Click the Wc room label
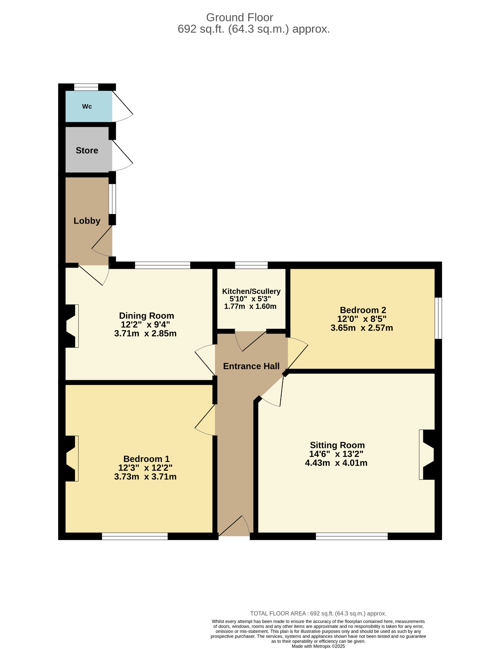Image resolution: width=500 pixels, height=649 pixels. pyautogui.click(x=87, y=106)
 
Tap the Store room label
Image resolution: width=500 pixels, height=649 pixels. pyautogui.click(x=87, y=150)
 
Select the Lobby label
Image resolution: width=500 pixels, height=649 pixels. pyautogui.click(x=87, y=221)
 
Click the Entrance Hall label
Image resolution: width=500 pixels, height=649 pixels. pyautogui.click(x=251, y=366)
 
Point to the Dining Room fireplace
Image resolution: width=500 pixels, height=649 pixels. pyautogui.click(x=72, y=326)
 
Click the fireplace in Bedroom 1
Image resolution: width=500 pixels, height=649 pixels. pyautogui.click(x=72, y=459)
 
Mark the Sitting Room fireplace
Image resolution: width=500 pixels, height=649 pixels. pyautogui.click(x=427, y=455)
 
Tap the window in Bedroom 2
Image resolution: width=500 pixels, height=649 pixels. pyautogui.click(x=438, y=318)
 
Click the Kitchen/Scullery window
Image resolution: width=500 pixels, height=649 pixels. pyautogui.click(x=251, y=265)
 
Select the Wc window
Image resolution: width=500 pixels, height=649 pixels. pyautogui.click(x=86, y=87)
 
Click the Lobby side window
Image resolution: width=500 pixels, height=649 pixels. pyautogui.click(x=112, y=199)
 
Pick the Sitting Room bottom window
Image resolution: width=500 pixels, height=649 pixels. pyautogui.click(x=352, y=536)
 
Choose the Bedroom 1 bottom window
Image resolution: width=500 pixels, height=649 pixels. pyautogui.click(x=135, y=536)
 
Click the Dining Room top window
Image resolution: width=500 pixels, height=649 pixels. pyautogui.click(x=163, y=265)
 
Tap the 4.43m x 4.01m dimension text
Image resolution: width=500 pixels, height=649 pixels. pyautogui.click(x=336, y=463)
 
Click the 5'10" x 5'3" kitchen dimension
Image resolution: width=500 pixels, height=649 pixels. pyautogui.click(x=250, y=299)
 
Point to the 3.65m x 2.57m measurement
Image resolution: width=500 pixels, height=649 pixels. pyautogui.click(x=362, y=328)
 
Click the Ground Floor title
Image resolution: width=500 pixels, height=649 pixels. pyautogui.click(x=239, y=17)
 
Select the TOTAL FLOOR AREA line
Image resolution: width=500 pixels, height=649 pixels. pyautogui.click(x=318, y=614)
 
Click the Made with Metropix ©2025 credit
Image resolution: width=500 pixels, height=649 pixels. pyautogui.click(x=318, y=646)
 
